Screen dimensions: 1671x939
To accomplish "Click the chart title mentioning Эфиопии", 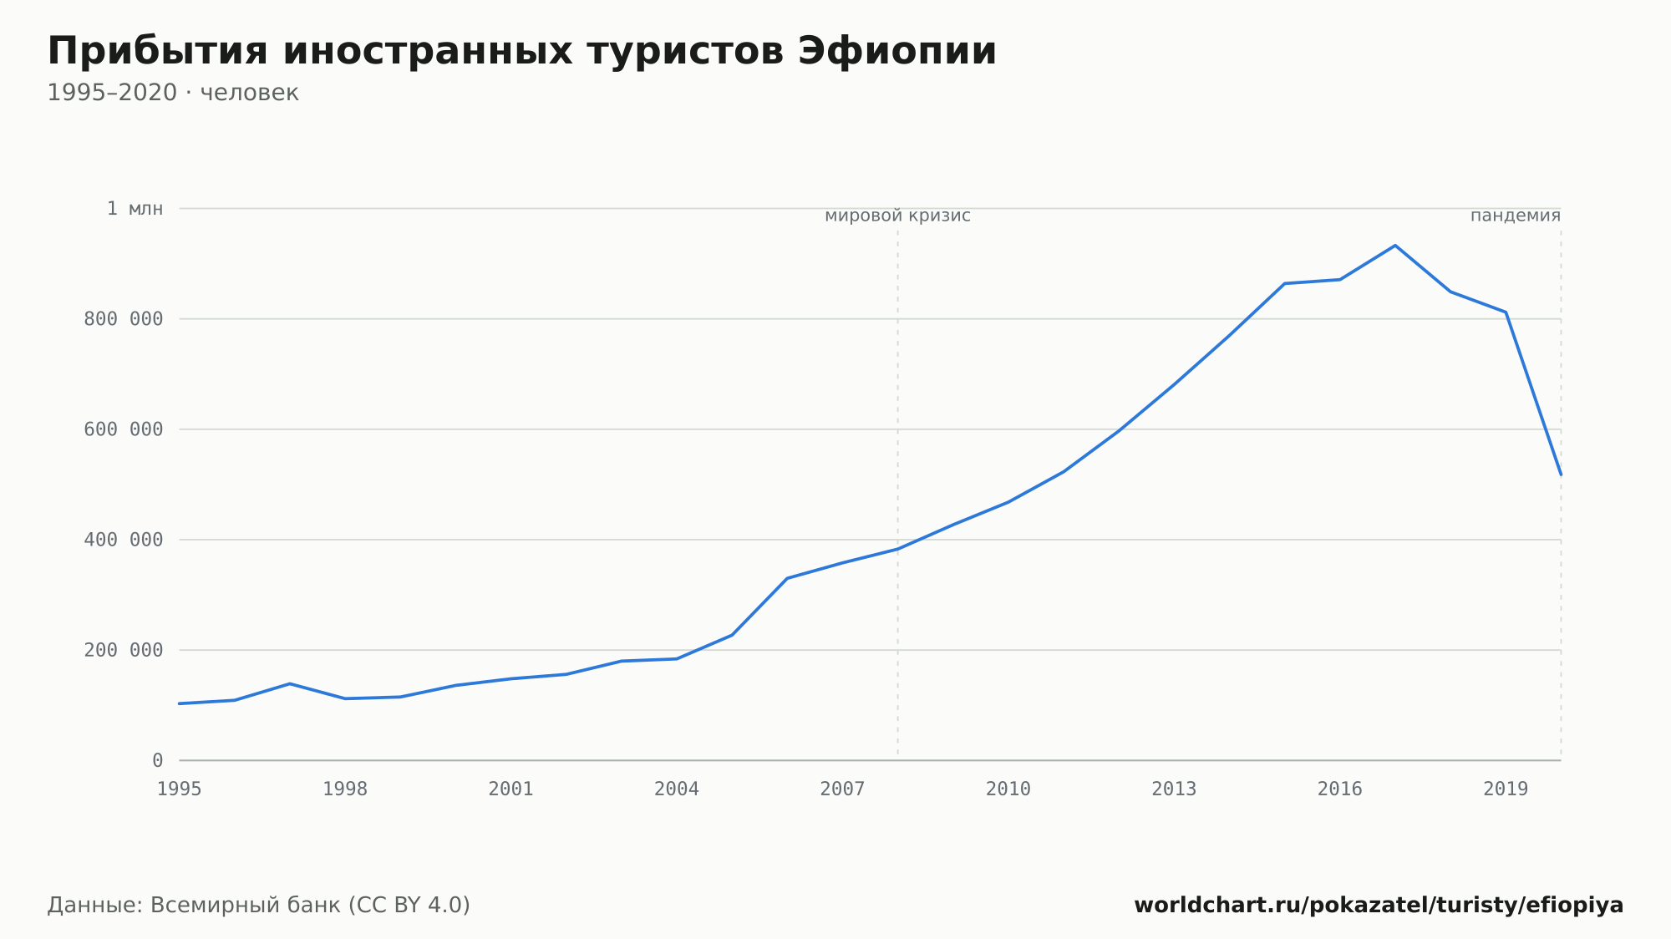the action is pyautogui.click(x=522, y=52).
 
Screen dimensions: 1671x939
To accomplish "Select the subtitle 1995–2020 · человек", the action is pyautogui.click(x=173, y=93).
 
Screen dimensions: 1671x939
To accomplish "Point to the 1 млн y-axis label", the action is pyautogui.click(x=135, y=209).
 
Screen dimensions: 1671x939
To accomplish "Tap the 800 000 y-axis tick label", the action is pyautogui.click(x=124, y=319).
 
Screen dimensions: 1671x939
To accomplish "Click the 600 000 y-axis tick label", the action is pyautogui.click(x=124, y=429).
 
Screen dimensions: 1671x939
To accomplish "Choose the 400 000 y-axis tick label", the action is pyautogui.click(x=124, y=540).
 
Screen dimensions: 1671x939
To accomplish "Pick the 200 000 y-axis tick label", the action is pyautogui.click(x=124, y=650).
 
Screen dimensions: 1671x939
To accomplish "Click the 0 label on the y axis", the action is pyautogui.click(x=158, y=760).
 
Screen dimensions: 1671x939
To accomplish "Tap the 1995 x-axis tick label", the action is pyautogui.click(x=180, y=789).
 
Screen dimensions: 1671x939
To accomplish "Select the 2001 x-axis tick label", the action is pyautogui.click(x=511, y=789).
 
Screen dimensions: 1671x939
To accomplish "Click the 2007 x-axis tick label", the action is pyautogui.click(x=842, y=789).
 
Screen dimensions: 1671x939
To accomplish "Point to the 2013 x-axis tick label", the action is pyautogui.click(x=1174, y=789).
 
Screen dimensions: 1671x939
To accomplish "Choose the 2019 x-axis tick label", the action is pyautogui.click(x=1506, y=789).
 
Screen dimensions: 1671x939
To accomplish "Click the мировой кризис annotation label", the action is pyautogui.click(x=897, y=216).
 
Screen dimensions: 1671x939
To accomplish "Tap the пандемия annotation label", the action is pyautogui.click(x=1516, y=216).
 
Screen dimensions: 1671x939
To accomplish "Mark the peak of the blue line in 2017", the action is pyautogui.click(x=1395, y=246).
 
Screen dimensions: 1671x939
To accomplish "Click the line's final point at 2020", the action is pyautogui.click(x=1561, y=475).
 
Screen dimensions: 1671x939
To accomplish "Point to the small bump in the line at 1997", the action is pyautogui.click(x=290, y=683).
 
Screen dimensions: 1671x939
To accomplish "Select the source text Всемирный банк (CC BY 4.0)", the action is pyautogui.click(x=310, y=906).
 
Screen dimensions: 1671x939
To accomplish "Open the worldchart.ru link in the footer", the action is pyautogui.click(x=1379, y=906).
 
